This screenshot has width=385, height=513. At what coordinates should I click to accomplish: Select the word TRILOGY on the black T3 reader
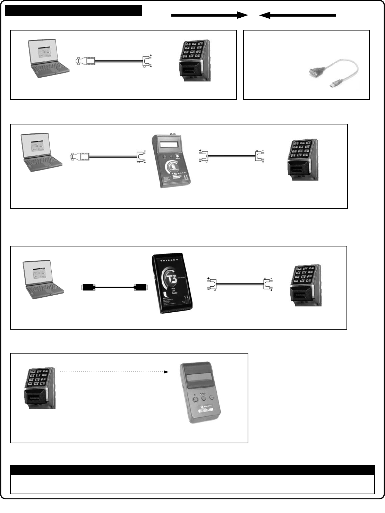(169, 260)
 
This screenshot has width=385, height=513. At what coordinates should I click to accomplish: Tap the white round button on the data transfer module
(178, 156)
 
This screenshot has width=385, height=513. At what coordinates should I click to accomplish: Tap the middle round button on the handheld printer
(204, 399)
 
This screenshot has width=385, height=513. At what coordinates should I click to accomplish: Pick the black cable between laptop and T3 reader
(114, 287)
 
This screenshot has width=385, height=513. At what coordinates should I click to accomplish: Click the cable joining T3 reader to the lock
(240, 284)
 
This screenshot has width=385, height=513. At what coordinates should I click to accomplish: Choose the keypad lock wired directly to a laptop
(195, 61)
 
